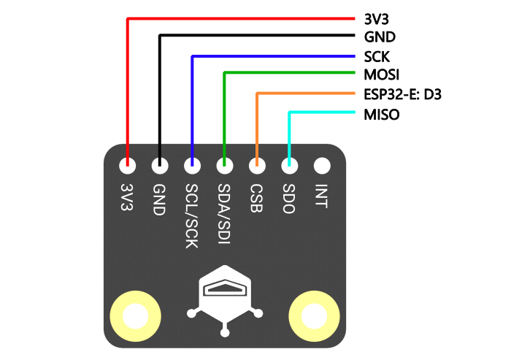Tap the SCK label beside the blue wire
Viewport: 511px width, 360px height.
click(x=376, y=56)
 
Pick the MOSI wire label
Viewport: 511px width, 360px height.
click(x=381, y=74)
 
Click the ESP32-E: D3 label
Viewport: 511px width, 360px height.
click(x=402, y=94)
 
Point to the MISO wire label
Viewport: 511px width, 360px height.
click(x=381, y=114)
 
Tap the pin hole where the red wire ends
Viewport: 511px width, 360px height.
click(x=128, y=166)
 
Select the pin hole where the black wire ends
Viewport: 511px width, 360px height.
click(x=160, y=166)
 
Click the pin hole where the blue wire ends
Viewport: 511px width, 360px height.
click(x=192, y=166)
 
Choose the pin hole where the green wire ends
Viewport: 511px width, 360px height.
click(x=224, y=166)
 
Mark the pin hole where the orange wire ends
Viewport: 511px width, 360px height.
click(x=257, y=166)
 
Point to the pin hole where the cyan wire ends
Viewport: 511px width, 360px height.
click(x=289, y=166)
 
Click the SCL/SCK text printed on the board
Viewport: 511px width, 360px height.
click(x=192, y=216)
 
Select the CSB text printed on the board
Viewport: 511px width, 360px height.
click(x=257, y=198)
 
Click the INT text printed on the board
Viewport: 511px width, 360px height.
click(x=321, y=195)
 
